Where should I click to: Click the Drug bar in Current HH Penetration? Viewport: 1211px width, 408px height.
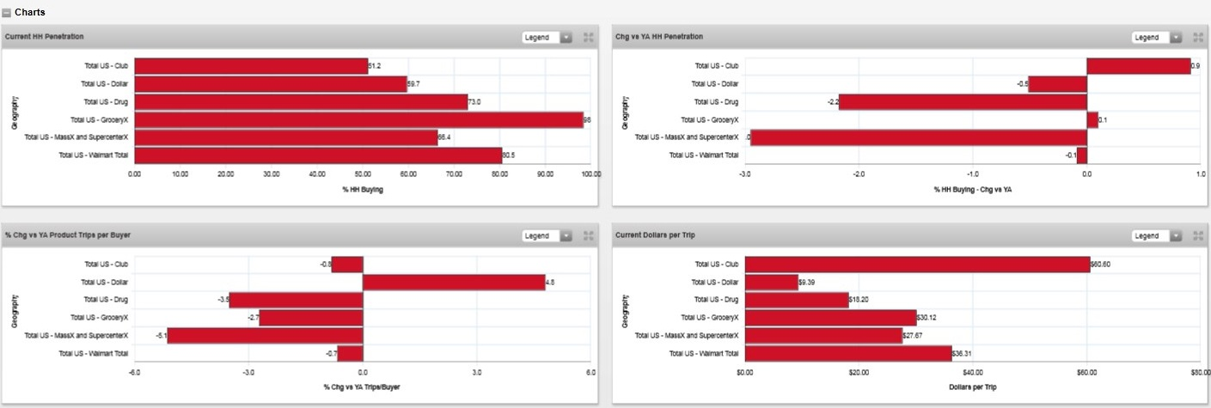click(301, 101)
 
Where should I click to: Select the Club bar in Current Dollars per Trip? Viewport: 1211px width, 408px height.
click(916, 264)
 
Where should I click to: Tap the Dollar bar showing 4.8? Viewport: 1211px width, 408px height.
click(454, 282)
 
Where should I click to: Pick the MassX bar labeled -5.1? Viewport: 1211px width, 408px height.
click(265, 335)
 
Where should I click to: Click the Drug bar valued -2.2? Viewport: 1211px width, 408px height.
click(963, 101)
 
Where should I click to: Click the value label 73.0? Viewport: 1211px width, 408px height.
click(474, 101)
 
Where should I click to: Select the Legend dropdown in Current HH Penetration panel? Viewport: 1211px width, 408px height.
click(547, 38)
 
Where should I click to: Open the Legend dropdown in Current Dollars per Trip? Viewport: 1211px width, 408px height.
click(1157, 236)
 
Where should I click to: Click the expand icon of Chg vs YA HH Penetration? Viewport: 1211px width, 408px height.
click(1198, 38)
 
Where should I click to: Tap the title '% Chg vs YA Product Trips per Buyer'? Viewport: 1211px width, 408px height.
click(68, 234)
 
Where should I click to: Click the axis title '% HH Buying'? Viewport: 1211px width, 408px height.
click(362, 189)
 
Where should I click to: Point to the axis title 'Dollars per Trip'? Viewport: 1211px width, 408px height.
click(972, 387)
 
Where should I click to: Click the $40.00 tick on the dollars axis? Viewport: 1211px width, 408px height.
click(972, 372)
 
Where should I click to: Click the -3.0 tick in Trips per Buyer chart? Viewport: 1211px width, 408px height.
click(248, 372)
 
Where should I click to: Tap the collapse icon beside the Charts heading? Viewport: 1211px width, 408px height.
click(7, 12)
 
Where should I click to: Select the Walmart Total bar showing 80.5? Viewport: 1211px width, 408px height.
click(318, 155)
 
